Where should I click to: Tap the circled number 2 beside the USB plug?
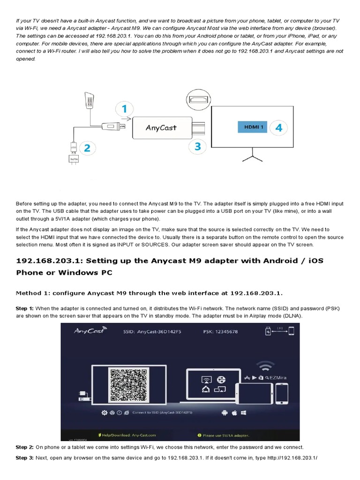pos(87,148)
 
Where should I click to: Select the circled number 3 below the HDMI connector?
pos(197,147)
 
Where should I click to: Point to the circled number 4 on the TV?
pos(279,127)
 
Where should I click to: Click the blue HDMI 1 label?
pos(251,127)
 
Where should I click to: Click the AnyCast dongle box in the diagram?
pos(162,127)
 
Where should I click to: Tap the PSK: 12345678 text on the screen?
pos(220,331)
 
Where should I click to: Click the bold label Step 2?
pos(24,447)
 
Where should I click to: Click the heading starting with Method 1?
pos(149,293)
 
